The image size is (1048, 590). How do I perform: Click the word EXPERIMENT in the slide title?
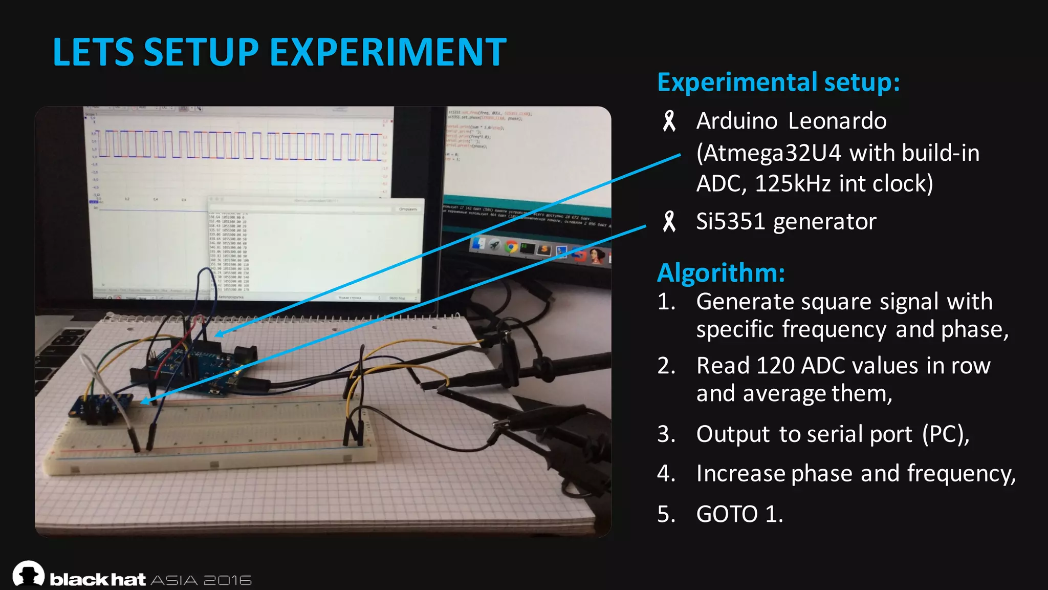tap(387, 52)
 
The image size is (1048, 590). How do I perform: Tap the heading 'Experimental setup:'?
tap(778, 82)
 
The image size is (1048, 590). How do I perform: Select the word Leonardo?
tap(837, 121)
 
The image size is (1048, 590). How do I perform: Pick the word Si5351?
tap(730, 222)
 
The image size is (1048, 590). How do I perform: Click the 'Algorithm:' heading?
tap(720, 273)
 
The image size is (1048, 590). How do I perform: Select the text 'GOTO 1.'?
tap(739, 514)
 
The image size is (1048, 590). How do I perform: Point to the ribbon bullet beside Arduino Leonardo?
tap(669, 122)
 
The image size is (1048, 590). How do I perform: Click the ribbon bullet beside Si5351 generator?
tap(669, 222)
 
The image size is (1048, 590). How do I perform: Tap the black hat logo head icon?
tap(28, 574)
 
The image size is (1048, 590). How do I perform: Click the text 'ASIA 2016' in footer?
tap(201, 580)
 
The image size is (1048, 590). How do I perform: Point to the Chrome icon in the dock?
tap(511, 247)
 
